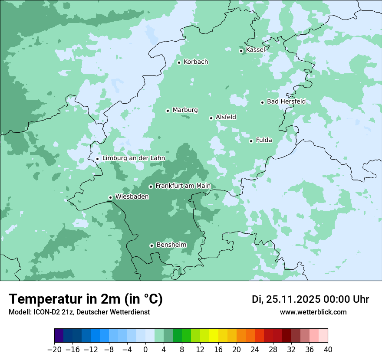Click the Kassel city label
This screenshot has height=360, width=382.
click(x=255, y=50)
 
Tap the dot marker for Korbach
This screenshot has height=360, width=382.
click(x=179, y=62)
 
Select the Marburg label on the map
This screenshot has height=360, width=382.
click(x=185, y=110)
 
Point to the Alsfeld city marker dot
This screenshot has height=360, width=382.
click(x=211, y=118)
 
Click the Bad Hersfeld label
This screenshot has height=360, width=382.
click(x=286, y=101)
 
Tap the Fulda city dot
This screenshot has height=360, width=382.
click(x=251, y=141)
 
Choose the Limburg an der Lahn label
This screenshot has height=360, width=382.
click(x=133, y=158)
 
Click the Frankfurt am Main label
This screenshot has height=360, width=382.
click(x=183, y=186)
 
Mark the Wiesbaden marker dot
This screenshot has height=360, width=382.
click(x=110, y=198)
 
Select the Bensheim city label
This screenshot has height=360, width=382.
click(x=171, y=245)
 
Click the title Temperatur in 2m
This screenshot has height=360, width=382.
click(x=86, y=299)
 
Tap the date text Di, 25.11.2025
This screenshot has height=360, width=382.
click(x=286, y=299)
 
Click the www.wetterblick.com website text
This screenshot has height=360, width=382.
click(x=313, y=312)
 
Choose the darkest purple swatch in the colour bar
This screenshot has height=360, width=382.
click(x=59, y=336)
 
